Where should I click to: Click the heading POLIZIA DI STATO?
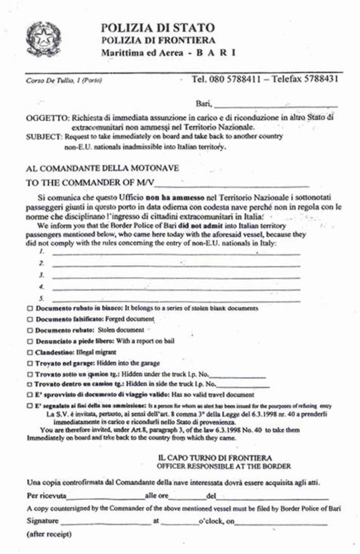(x=158, y=27)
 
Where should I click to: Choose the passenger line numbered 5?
(x=176, y=300)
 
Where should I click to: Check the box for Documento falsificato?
(x=30, y=320)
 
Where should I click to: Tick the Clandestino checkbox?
(x=30, y=352)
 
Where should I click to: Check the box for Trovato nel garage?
(x=30, y=364)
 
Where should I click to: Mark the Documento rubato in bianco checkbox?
(x=30, y=308)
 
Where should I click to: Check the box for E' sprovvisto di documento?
(x=30, y=395)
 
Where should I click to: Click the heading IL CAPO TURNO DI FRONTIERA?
(x=215, y=458)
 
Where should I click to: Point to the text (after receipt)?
(x=49, y=534)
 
